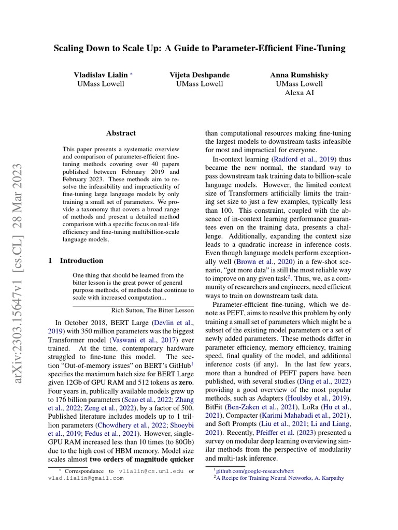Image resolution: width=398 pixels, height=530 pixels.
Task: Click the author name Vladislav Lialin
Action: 101,75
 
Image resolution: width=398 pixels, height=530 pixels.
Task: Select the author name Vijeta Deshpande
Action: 200,75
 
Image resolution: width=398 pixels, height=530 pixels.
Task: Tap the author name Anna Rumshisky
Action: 299,75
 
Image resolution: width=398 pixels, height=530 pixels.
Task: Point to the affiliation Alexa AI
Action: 299,93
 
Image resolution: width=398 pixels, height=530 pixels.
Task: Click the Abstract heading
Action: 121,133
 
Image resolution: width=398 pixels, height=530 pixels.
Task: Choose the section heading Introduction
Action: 81,260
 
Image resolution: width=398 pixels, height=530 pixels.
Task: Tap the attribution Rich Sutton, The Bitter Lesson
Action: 153,310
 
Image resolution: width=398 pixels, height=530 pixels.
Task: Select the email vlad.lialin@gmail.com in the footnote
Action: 86,478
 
